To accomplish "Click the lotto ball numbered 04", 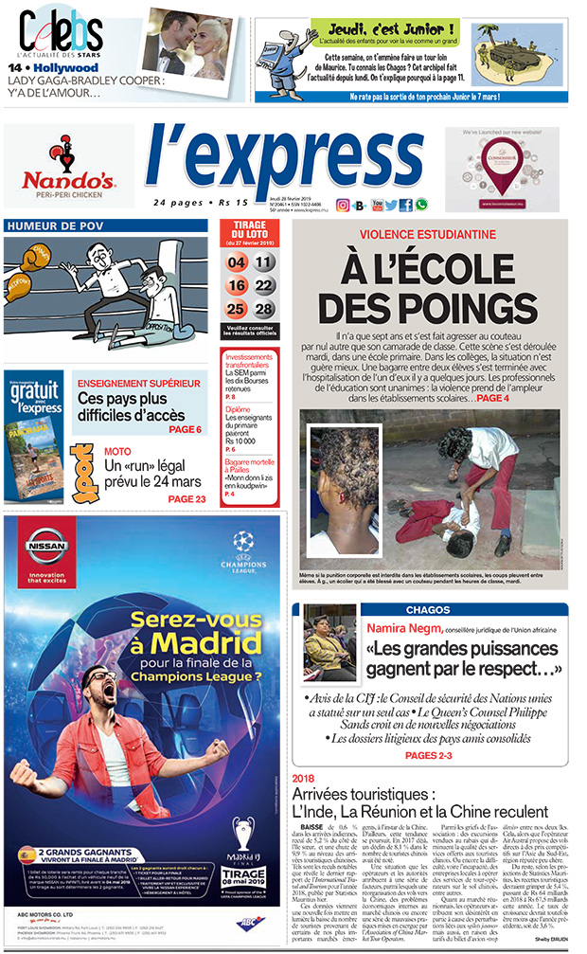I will [237, 262].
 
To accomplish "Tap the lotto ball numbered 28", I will [264, 309].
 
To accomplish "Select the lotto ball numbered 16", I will [237, 285].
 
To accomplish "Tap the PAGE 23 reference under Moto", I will [187, 499].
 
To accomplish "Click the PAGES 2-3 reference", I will [435, 755].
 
